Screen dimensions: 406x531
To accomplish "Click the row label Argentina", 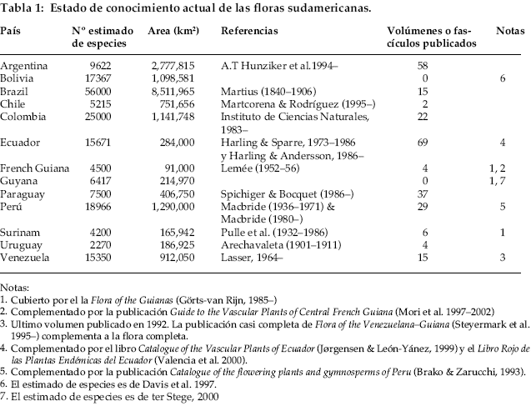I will pyautogui.click(x=24, y=64).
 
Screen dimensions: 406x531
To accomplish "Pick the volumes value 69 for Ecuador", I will pyautogui.click(x=421, y=143).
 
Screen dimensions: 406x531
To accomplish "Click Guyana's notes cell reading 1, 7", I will pyautogui.click(x=509, y=181).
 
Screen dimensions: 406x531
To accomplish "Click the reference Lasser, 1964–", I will pyautogui.click(x=251, y=258).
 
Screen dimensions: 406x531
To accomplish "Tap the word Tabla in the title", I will pyautogui.click(x=16, y=8).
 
